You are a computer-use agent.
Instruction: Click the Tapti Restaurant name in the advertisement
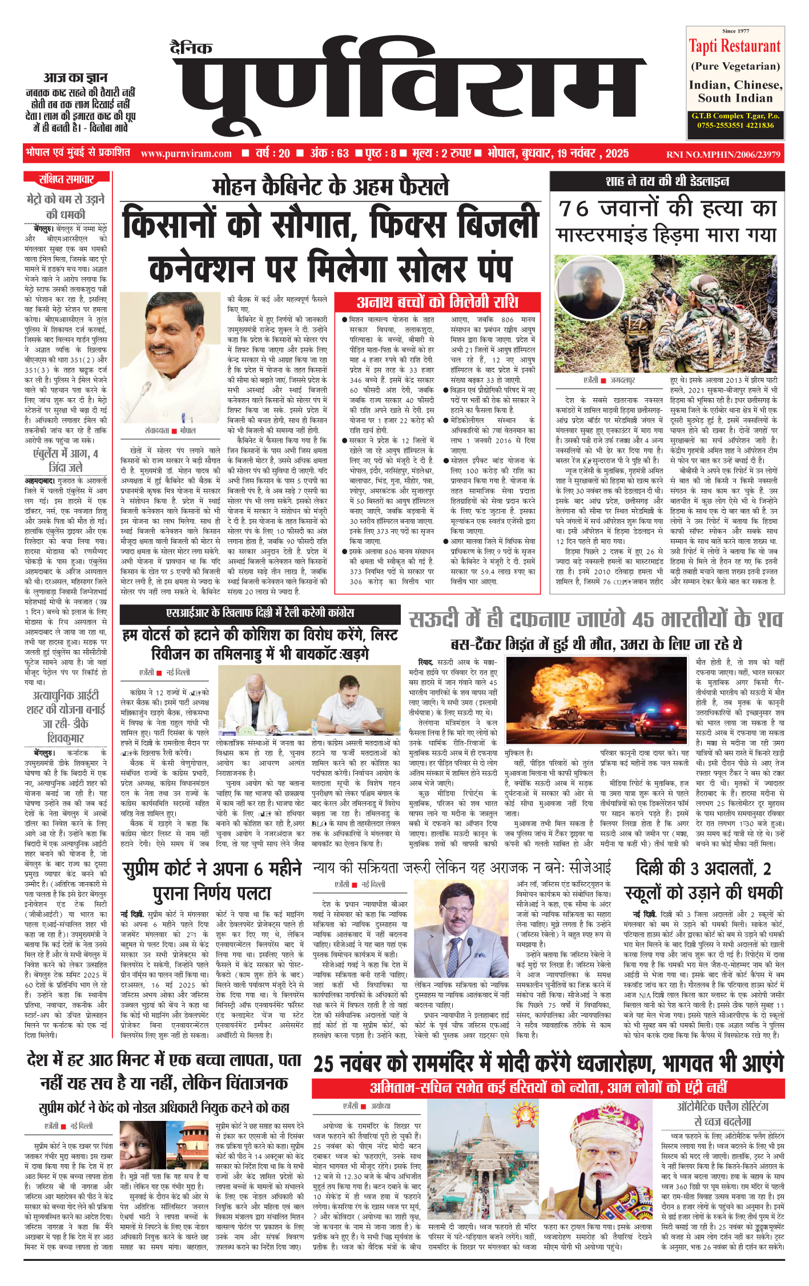(734, 46)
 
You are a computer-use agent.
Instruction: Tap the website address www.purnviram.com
(186, 154)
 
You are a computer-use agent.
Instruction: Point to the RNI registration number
(723, 154)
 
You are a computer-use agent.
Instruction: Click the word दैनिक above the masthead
(191, 48)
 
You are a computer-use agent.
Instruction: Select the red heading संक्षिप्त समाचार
(66, 179)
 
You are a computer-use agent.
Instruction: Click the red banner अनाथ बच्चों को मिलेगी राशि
(437, 302)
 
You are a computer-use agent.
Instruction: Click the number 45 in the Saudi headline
(643, 620)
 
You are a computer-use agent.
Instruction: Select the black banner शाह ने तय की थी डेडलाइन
(667, 182)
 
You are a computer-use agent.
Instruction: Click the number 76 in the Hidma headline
(573, 209)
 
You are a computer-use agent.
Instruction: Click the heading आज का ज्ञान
(75, 77)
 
